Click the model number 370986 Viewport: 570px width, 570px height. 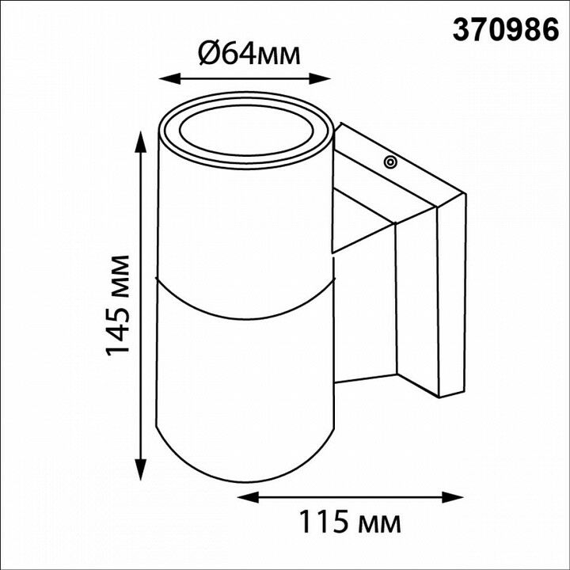point(505,30)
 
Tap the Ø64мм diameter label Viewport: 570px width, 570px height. point(249,55)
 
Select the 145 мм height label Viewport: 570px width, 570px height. point(118,306)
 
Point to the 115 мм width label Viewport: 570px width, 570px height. point(350,522)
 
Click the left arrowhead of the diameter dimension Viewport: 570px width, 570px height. point(169,78)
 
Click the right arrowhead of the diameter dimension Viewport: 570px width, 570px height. point(320,78)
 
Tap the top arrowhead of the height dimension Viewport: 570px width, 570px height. point(141,142)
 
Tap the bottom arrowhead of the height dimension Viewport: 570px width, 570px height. point(141,469)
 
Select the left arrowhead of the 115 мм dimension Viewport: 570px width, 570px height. point(248,497)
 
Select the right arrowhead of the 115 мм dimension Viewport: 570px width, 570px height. point(453,497)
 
